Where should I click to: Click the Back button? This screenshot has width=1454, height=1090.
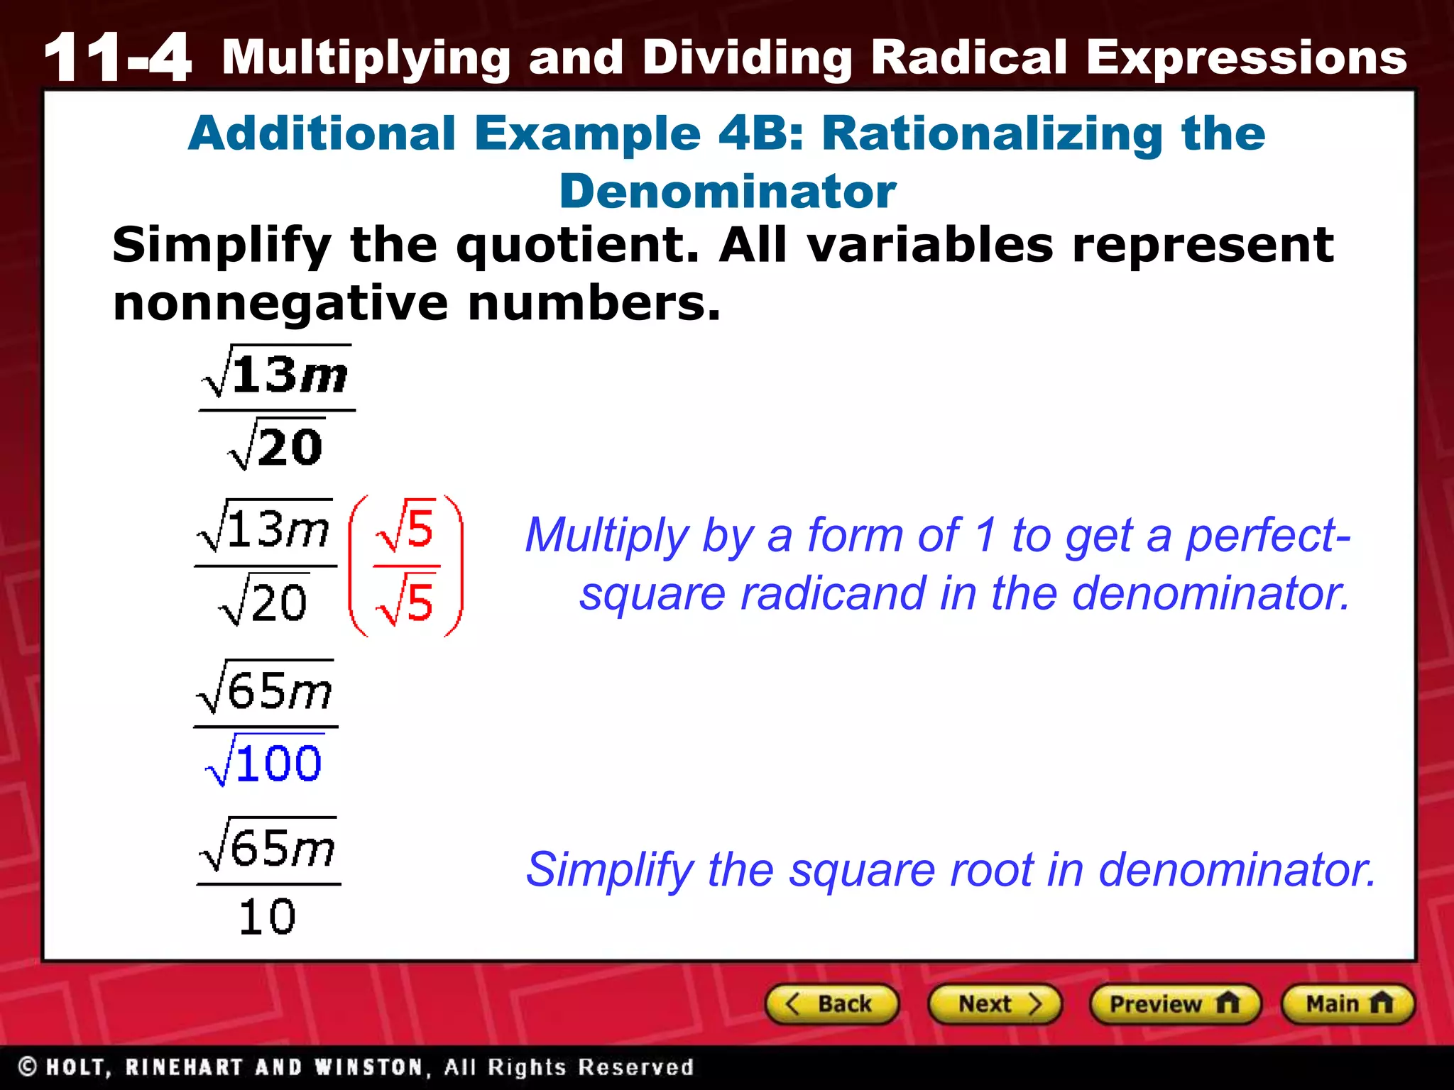831,1004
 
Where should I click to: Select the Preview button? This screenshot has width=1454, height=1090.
1174,1004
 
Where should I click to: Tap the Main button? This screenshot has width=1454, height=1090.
1348,1004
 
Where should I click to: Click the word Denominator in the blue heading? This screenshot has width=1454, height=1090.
727,192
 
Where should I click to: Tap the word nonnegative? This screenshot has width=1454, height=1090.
280,303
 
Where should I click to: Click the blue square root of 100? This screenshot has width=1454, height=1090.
264,762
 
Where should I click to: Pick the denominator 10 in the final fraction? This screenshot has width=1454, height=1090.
267,917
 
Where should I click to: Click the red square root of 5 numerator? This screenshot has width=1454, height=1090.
406,528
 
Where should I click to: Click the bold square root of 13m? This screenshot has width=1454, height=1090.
276,373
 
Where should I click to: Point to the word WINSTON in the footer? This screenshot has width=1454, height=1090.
368,1067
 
